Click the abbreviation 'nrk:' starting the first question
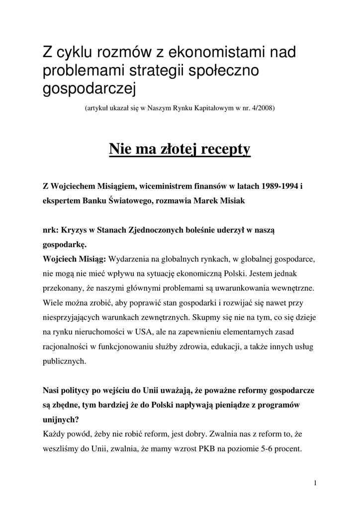coord(51,230)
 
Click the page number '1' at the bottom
coord(316,483)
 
